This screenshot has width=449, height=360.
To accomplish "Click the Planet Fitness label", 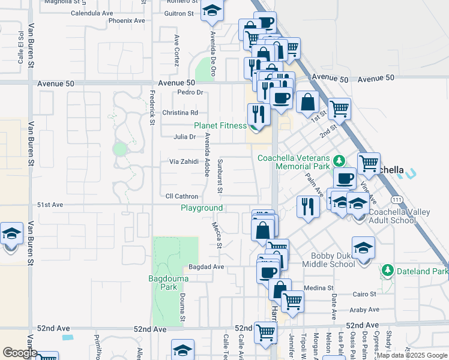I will tap(220, 125).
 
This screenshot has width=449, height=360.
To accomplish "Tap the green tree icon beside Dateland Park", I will tap(388, 271).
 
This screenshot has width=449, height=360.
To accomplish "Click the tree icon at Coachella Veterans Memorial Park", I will tap(339, 160).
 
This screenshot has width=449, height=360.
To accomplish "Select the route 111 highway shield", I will tap(396, 199).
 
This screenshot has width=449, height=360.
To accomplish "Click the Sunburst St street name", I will tap(220, 176).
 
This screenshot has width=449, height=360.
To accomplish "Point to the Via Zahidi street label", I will tap(183, 162).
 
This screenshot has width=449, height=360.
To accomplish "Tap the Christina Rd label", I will tap(180, 112).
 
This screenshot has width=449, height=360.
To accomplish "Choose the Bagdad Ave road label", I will tap(206, 266).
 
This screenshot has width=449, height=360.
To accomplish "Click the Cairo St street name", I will tap(364, 294).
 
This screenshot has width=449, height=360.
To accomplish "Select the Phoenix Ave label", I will tap(127, 20).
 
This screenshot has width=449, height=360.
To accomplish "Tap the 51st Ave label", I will tap(50, 205).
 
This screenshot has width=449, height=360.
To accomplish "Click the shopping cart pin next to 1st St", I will tap(339, 109).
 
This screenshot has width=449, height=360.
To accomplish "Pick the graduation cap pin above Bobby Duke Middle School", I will tap(363, 247).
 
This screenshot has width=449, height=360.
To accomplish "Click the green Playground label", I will tap(202, 208).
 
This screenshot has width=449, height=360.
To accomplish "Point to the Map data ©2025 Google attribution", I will tap(412, 355).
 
